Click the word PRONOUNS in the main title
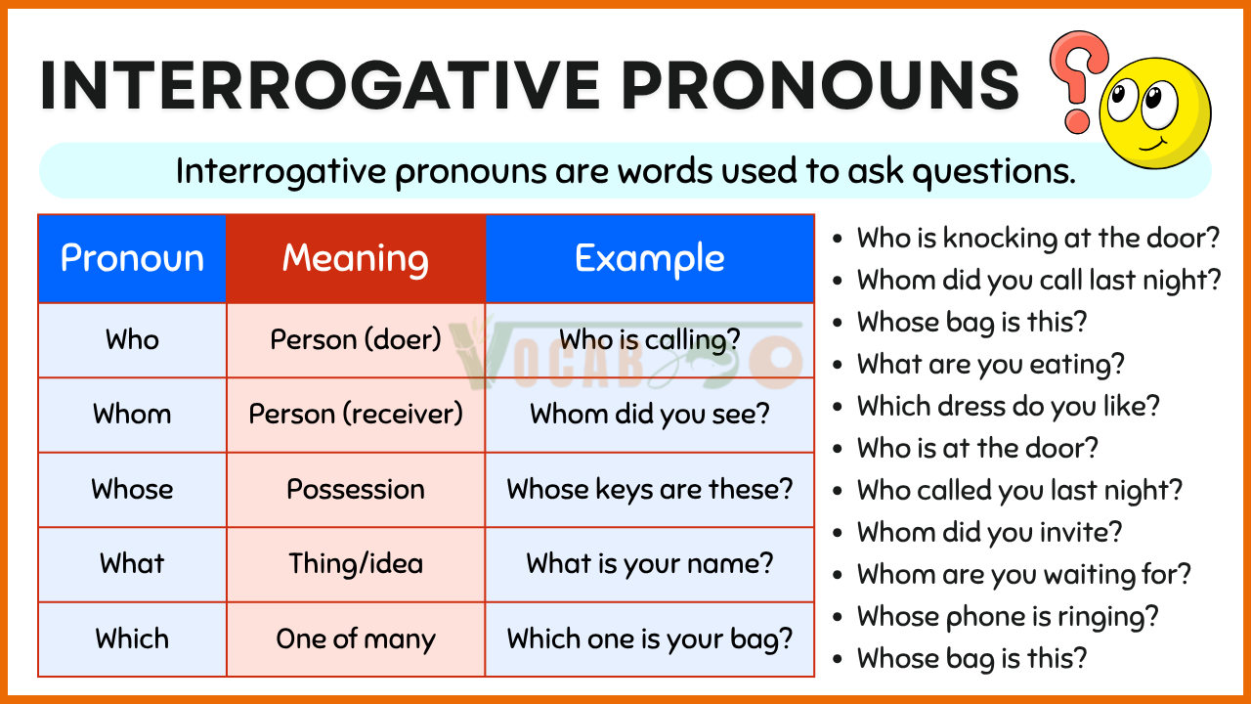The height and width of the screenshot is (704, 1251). point(820,86)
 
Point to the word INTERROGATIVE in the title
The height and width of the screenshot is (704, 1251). point(320,86)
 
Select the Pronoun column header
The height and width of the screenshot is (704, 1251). point(132,259)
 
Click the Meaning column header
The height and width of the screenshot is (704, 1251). point(356,259)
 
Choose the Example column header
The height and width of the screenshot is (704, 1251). point(650,259)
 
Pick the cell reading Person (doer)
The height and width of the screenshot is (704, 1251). point(356,339)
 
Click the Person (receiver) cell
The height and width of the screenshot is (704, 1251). point(356,414)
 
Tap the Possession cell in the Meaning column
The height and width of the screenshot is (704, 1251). point(356,490)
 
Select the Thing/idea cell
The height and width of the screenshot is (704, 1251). point(356,564)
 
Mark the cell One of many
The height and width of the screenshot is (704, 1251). point(356,638)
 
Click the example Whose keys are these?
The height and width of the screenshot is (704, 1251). point(650,490)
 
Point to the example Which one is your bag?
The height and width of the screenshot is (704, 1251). point(650,638)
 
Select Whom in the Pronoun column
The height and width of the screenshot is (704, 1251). point(132,414)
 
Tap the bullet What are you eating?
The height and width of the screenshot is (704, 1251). point(991,365)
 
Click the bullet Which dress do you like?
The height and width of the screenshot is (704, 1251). point(1008,406)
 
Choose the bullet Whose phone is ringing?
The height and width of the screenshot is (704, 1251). point(1008,617)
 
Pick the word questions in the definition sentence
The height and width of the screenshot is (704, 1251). point(994,171)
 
